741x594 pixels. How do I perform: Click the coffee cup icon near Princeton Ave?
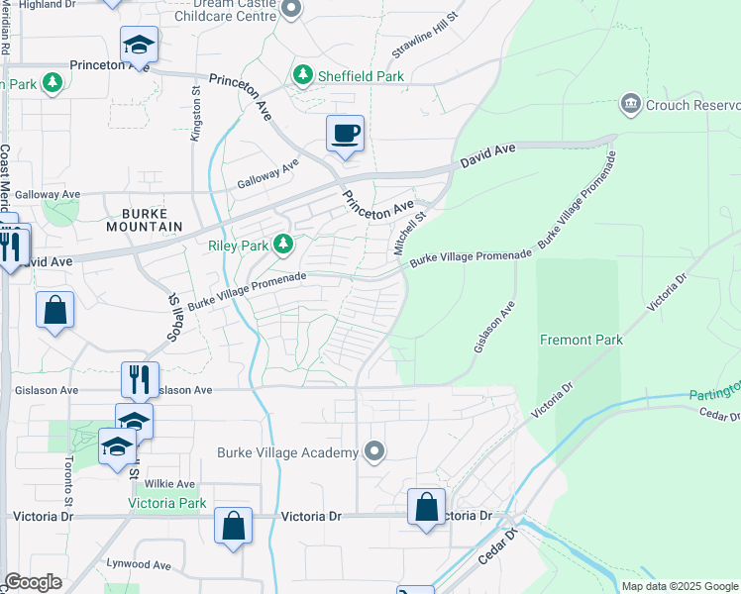[345, 133]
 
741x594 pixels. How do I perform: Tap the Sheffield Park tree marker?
[302, 75]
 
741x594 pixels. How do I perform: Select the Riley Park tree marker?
[283, 244]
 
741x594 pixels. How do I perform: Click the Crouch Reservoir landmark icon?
[630, 104]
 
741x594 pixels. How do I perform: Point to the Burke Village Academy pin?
[373, 452]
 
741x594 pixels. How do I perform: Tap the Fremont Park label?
[582, 340]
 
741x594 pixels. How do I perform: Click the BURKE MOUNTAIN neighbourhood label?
[152, 220]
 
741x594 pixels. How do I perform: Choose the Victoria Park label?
[167, 503]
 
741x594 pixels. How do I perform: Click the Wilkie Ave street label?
[169, 484]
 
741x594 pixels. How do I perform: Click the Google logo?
[33, 582]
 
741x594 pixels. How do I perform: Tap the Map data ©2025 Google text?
[680, 586]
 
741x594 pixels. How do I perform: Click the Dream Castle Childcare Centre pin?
[290, 10]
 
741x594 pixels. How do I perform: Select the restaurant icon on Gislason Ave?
[140, 378]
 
